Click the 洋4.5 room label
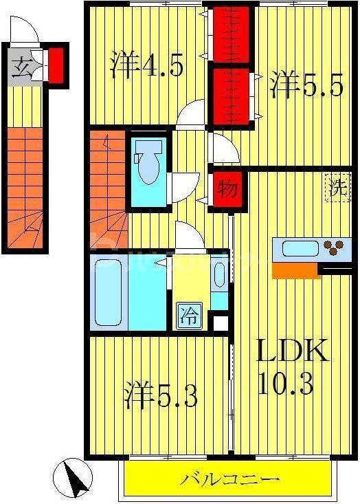pos(146,67)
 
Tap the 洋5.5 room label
pos(305,87)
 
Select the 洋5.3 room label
pos(161,396)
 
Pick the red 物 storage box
pos(224,186)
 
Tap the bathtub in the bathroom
pos(109,292)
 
